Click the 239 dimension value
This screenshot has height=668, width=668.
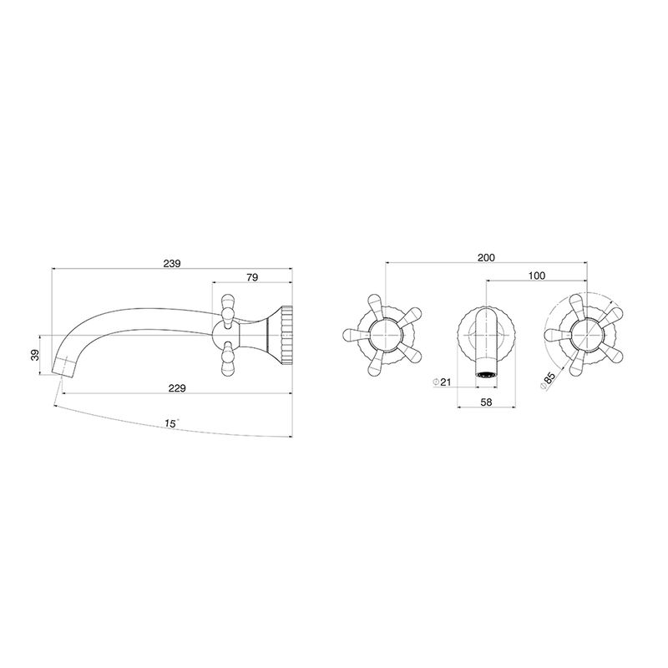[x=172, y=263]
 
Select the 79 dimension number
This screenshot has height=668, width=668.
[x=252, y=277]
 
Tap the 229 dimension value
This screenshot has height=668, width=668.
[x=177, y=388]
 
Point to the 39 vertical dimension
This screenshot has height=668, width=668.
[x=35, y=354]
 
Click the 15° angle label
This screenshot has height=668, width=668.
[x=171, y=423]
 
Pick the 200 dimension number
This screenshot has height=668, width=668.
[x=486, y=257]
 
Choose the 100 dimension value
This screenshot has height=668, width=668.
[x=537, y=276]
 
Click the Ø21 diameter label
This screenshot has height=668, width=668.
[x=442, y=382]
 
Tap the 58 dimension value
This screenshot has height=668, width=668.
[x=486, y=402]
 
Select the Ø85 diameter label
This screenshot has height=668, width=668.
[x=548, y=380]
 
